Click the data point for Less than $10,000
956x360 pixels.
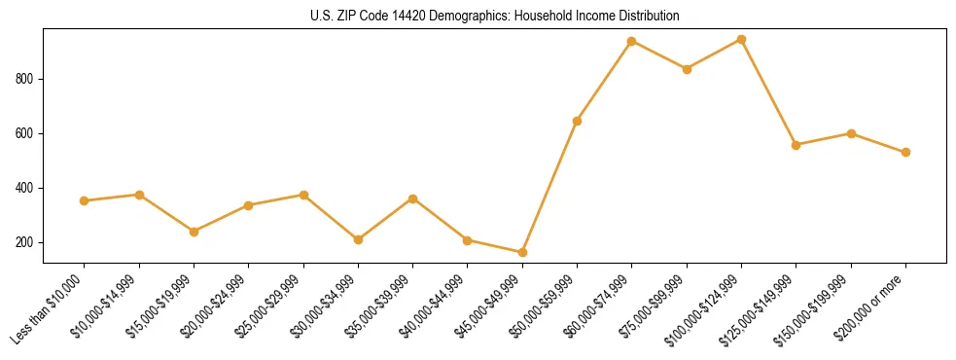(85, 200)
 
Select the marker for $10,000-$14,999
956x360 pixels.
(139, 195)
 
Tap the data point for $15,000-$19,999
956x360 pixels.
(195, 232)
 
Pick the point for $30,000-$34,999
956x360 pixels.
(359, 239)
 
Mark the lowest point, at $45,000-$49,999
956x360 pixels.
(522, 252)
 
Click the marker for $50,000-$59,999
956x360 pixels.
(578, 121)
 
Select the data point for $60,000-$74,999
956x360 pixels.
(632, 41)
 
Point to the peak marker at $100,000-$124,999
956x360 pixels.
(742, 39)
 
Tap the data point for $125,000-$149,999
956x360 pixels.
(797, 145)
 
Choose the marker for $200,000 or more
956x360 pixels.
(905, 152)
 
